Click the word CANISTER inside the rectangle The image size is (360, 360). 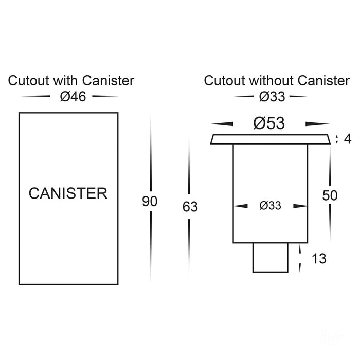pos(68,194)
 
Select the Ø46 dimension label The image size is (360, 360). pos(71,96)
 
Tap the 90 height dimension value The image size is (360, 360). pos(150,202)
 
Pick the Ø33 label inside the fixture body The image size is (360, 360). pos(270,206)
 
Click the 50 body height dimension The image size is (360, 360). pos(330,195)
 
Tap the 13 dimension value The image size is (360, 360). pos(319,258)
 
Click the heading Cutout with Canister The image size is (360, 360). pos(71,81)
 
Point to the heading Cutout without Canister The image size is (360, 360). pos(277,81)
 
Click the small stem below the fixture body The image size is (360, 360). pos(270,257)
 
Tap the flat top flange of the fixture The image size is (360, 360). pos(270,139)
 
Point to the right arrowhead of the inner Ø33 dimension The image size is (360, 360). pos(300,206)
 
